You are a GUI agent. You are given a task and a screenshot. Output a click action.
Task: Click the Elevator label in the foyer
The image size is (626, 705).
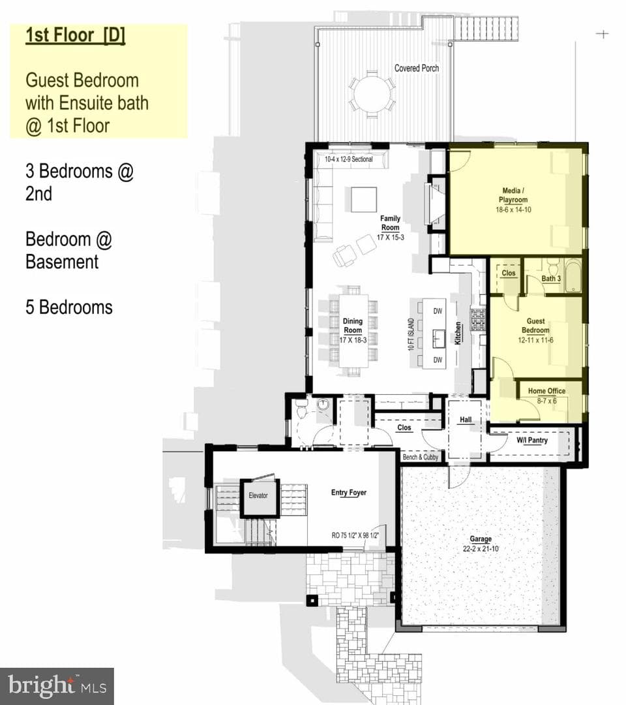(258, 495)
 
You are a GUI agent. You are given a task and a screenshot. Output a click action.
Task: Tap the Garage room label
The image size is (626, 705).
(481, 539)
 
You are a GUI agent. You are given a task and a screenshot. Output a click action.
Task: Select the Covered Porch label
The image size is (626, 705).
(417, 69)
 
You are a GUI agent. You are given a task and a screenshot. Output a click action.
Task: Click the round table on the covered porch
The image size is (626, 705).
(372, 95)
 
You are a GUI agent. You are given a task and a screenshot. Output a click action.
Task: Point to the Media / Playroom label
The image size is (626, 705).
(513, 195)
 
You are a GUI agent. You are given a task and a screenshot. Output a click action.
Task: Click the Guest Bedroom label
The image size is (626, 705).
(536, 326)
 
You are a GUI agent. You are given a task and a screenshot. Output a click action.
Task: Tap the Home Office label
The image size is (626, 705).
(546, 391)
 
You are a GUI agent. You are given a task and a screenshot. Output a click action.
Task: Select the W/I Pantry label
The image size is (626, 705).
(532, 440)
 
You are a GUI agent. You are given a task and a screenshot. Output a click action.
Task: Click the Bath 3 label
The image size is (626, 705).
(551, 278)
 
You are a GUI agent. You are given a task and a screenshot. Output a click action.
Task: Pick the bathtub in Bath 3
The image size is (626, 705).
(573, 275)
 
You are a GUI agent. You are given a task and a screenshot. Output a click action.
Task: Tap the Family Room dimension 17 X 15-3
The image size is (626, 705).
(390, 237)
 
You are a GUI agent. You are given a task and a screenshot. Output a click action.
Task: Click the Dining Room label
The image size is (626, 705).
(353, 326)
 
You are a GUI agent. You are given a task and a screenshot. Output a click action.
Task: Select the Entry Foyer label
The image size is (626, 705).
(349, 492)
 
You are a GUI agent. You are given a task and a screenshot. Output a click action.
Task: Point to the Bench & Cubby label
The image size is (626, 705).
(421, 457)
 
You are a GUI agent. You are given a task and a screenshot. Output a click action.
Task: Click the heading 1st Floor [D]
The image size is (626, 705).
(76, 35)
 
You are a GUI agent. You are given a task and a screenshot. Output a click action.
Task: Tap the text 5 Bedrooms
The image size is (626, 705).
(69, 307)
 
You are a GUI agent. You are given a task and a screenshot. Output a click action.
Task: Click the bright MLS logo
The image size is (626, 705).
(57, 685)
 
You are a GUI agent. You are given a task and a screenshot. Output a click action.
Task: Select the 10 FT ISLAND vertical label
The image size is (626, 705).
(411, 334)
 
